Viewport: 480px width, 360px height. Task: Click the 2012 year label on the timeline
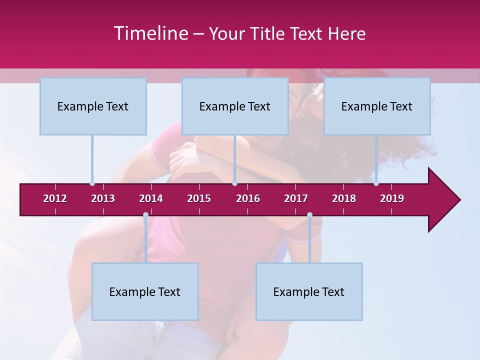click(x=55, y=198)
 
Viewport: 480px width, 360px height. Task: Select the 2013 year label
click(x=103, y=198)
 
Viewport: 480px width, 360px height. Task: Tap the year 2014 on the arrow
click(x=151, y=198)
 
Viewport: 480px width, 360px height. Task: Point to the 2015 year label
click(x=199, y=198)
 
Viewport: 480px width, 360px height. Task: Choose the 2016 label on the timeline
click(x=248, y=198)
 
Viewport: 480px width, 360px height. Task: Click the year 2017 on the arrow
click(x=296, y=198)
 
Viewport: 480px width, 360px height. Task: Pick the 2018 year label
click(x=344, y=198)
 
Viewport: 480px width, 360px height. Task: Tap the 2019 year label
click(x=392, y=198)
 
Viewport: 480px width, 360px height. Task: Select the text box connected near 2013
click(x=93, y=106)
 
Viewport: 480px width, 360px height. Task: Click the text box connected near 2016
click(x=235, y=106)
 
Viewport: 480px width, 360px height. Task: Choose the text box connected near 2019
click(x=377, y=106)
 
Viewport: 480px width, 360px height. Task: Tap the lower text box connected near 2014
click(x=145, y=291)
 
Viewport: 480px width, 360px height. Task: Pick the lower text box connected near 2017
click(x=309, y=291)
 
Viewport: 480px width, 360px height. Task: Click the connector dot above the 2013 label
click(x=92, y=183)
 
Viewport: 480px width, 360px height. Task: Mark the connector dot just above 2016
click(x=234, y=183)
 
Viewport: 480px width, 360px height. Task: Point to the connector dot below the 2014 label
click(x=145, y=215)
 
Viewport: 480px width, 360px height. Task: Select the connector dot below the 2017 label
click(x=309, y=215)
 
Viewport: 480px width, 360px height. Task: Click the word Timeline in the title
click(x=150, y=33)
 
